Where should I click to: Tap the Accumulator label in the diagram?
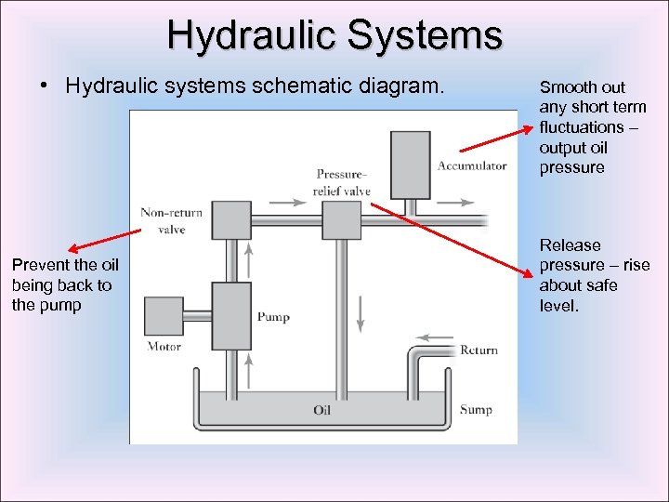click(x=472, y=166)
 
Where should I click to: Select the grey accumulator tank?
click(x=410, y=165)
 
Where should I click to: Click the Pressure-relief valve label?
click(x=342, y=182)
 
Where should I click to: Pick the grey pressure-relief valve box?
click(x=341, y=220)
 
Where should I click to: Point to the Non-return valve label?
click(x=172, y=220)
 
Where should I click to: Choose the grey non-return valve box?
click(x=231, y=220)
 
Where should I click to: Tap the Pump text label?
click(x=273, y=317)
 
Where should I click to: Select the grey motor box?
click(x=164, y=316)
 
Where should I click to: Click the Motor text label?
click(x=164, y=347)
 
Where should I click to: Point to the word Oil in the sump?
click(x=322, y=410)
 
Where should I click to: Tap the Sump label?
click(x=476, y=410)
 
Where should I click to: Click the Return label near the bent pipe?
click(x=479, y=350)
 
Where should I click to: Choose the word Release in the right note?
click(x=571, y=245)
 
